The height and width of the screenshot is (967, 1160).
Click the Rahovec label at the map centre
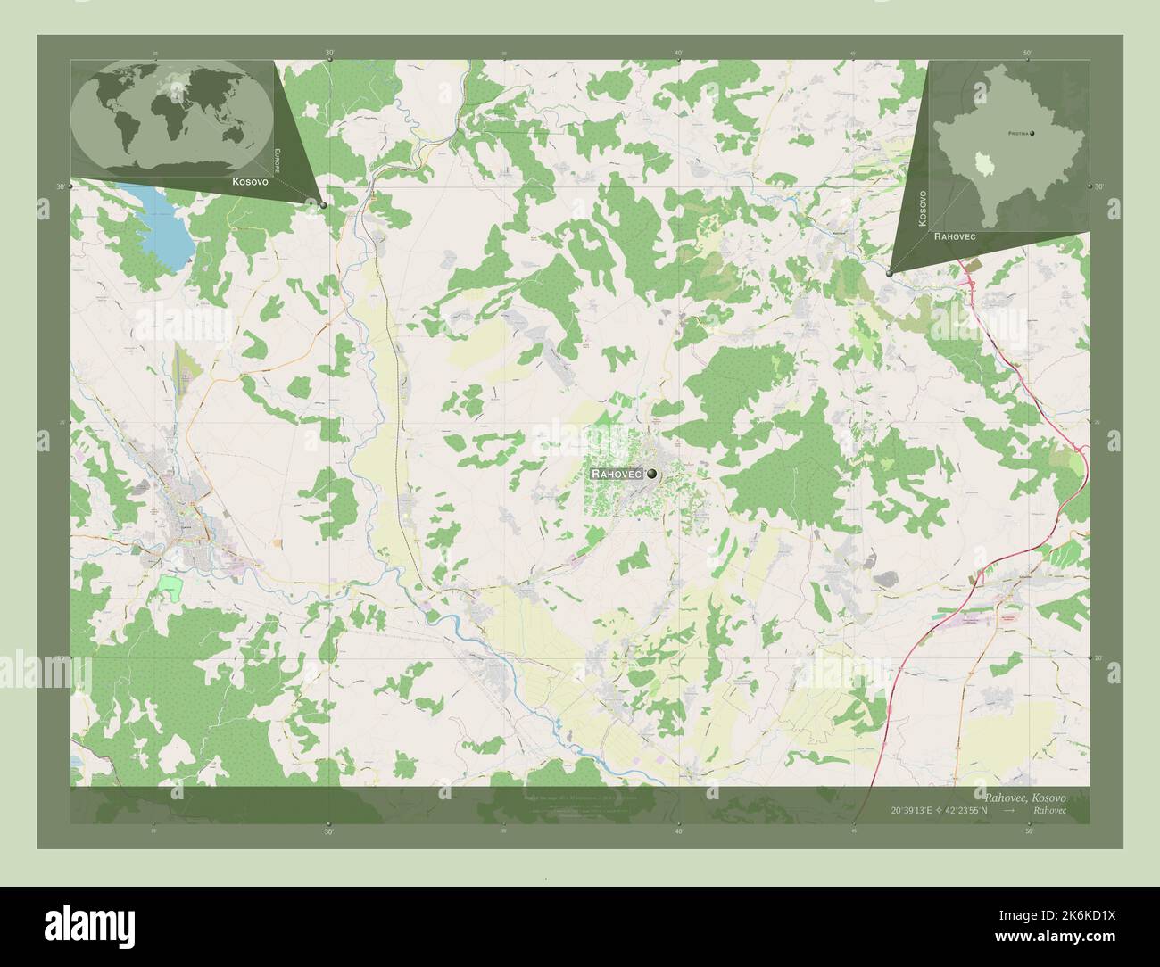point(619,475)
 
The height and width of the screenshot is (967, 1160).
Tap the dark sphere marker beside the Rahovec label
point(652,474)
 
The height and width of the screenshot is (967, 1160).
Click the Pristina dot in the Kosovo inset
point(1032,134)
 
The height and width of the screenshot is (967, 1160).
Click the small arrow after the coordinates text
point(1008,810)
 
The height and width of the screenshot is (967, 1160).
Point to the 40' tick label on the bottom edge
point(678,831)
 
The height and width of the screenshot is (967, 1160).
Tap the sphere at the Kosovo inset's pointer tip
point(890,274)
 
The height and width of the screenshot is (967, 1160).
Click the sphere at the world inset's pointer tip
point(323,205)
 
